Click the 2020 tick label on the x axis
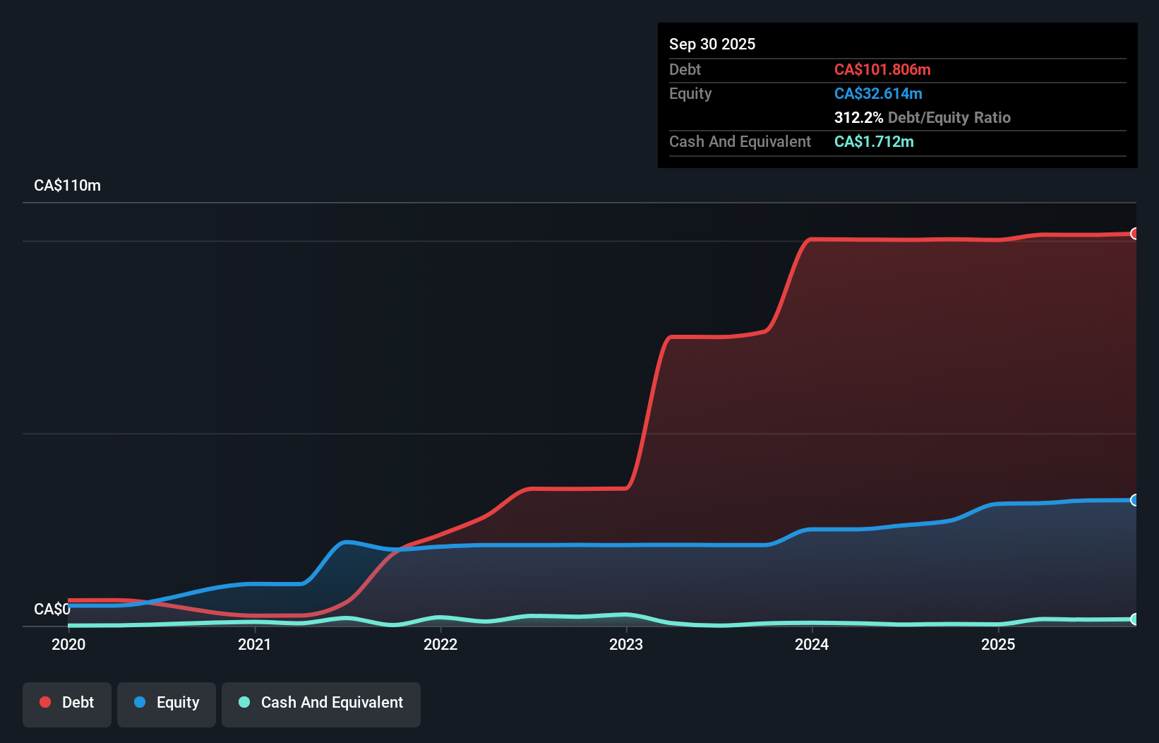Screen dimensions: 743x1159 click(68, 644)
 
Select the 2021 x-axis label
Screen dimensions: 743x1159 click(254, 644)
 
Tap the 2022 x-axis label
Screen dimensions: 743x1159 click(440, 644)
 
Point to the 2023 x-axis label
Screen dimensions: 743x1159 click(626, 644)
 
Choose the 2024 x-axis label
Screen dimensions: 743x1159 click(812, 644)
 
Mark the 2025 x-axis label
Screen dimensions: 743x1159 click(998, 644)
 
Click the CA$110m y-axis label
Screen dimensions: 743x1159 click(67, 186)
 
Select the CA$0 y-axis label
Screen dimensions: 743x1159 click(52, 609)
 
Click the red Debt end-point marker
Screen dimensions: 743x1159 click(1134, 234)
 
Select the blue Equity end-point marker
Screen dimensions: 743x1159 click(1134, 500)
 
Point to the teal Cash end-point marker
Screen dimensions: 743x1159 click(1134, 619)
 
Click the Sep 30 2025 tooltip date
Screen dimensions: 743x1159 click(711, 44)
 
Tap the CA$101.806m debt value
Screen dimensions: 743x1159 click(882, 69)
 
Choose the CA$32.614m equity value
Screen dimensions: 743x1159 click(878, 93)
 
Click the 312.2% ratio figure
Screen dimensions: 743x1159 click(858, 117)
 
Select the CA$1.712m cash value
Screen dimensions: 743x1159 click(874, 141)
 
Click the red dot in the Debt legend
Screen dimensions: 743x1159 click(45, 702)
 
